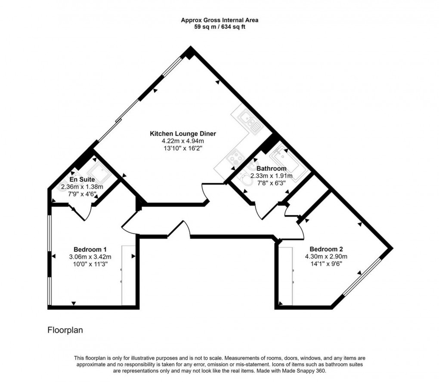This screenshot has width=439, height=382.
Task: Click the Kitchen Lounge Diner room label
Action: pyautogui.click(x=182, y=133)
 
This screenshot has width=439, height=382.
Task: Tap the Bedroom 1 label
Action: pyautogui.click(x=90, y=250)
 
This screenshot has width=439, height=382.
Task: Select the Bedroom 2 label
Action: pyautogui.click(x=326, y=249)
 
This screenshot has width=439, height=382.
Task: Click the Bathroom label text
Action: pyautogui.click(x=271, y=168)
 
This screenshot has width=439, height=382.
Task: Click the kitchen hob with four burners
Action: pyautogui.click(x=235, y=158)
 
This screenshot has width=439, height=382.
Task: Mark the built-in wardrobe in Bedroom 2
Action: pyautogui.click(x=286, y=275)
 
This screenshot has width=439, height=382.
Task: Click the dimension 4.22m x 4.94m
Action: pyautogui.click(x=182, y=141)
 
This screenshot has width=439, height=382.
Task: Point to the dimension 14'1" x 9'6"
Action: pyautogui.click(x=326, y=264)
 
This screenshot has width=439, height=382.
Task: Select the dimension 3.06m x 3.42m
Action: pyautogui.click(x=90, y=257)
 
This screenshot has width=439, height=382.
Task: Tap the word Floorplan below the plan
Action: pyautogui.click(x=65, y=330)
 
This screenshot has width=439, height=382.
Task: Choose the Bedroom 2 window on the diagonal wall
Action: pyautogui.click(x=362, y=277)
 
